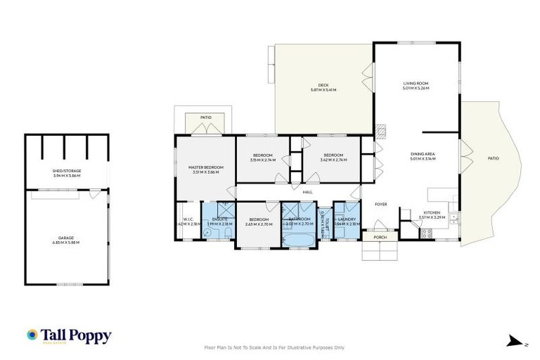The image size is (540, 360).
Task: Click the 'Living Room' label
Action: click(415, 84)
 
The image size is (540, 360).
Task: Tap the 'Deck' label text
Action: click(323, 86)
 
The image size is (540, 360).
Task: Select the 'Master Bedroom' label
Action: click(205, 167)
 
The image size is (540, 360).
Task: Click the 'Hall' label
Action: click(307, 191)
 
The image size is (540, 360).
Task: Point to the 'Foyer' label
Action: click(380, 205)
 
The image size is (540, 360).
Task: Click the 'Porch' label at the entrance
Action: click(380, 237)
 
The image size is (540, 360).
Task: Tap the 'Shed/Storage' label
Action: click(67, 171)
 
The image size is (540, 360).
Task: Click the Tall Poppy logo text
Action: click(77, 335)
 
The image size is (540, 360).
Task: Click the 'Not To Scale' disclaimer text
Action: click(274, 347)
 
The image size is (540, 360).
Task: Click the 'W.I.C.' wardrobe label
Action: click(188, 219)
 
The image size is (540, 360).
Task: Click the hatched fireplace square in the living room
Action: click(380, 130)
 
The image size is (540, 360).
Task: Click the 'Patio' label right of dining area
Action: click(493, 159)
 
